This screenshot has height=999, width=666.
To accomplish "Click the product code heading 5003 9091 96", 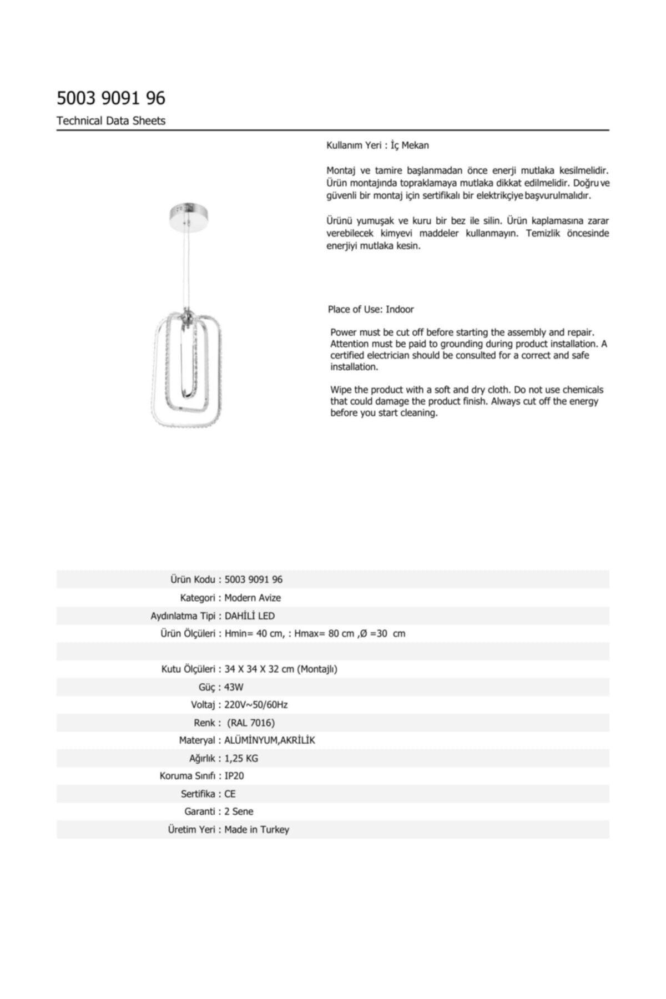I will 111,98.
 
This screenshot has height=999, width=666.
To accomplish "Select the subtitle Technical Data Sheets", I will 111,121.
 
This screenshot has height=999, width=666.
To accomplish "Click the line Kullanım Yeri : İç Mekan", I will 377,145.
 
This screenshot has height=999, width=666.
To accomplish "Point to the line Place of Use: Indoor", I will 371,309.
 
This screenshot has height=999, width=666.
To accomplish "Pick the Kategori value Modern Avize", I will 253,598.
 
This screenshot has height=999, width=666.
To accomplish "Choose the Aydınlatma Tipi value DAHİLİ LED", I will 250,616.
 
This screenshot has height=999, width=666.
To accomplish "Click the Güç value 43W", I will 234,687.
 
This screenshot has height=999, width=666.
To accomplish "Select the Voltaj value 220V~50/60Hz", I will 256,705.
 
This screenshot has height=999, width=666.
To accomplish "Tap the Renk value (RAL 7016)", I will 251,723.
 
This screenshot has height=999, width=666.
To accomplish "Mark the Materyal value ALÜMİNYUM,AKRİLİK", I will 270,740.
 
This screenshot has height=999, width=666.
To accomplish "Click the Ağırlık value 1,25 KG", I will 241,758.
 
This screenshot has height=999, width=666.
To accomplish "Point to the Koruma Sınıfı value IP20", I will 234,776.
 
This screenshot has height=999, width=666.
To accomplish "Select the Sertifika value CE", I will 230,794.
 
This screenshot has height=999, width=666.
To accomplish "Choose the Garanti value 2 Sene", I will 239,811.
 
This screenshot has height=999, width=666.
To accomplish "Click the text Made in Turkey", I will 257,830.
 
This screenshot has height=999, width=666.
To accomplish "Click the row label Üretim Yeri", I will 191,830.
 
